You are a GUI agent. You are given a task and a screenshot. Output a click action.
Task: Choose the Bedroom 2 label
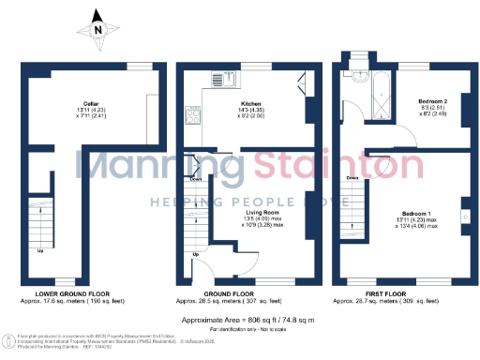click(x=432, y=100)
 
